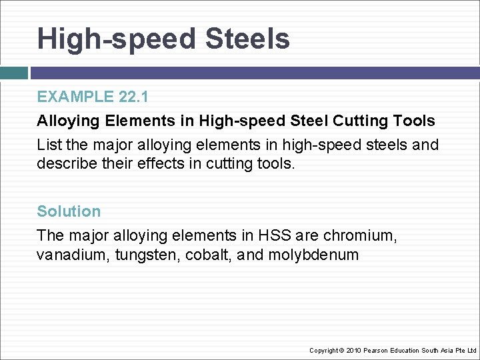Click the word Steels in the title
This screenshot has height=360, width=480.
(x=247, y=39)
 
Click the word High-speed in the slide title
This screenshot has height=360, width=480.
(x=117, y=39)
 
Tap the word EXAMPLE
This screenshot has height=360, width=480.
(x=75, y=97)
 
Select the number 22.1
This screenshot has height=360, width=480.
(x=133, y=97)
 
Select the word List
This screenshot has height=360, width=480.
(x=48, y=145)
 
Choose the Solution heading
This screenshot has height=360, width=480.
(x=69, y=211)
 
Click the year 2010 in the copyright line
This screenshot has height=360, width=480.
(x=355, y=350)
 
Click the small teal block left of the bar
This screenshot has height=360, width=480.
(x=13, y=73)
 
